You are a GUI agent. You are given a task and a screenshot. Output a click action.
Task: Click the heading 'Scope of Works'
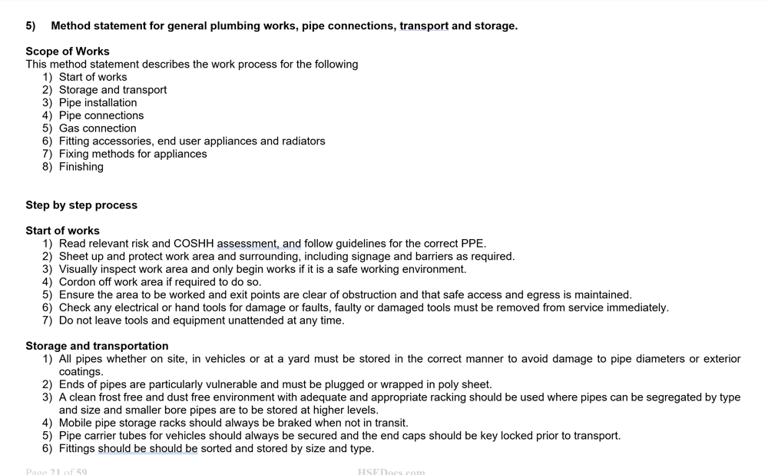[x=68, y=51]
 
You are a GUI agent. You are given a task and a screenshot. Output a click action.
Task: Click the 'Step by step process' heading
[x=81, y=205]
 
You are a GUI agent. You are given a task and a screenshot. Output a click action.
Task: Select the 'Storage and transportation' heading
[x=97, y=346]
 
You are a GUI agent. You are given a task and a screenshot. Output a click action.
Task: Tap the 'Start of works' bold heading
[x=62, y=231]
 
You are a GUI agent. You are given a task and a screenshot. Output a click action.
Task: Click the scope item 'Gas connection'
[x=98, y=128]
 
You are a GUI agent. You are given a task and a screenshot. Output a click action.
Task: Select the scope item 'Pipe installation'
[x=98, y=103]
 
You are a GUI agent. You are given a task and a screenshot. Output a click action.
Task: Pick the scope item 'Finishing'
[x=81, y=167]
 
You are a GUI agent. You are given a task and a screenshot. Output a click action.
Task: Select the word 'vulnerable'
[x=229, y=384]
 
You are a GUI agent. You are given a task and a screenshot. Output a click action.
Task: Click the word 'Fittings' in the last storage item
[x=77, y=449]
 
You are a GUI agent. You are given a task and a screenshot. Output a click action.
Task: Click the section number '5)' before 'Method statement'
[x=31, y=26]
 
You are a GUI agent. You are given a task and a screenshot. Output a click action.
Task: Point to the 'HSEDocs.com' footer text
[x=391, y=471]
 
